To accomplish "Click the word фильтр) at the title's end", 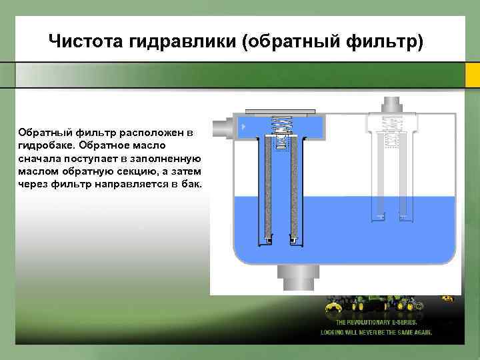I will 385,43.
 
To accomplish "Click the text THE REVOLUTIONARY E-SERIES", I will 377,322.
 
